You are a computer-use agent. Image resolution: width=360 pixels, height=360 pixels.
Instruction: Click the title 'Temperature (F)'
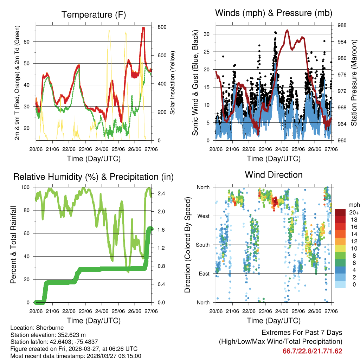[94, 15]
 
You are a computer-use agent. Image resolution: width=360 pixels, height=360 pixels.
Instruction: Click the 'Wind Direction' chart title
[274, 175]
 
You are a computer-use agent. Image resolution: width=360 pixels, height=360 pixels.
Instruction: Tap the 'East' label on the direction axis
[203, 274]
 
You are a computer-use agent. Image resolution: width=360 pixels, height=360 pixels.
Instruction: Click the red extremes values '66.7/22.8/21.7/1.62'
[312, 351]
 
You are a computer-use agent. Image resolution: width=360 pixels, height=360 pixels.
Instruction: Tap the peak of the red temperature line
[143, 28]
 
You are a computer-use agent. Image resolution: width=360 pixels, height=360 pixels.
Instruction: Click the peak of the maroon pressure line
[287, 30]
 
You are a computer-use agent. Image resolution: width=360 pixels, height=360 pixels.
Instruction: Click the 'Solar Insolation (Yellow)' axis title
[173, 83]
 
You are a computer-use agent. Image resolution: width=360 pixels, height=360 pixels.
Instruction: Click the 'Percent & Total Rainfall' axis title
[14, 245]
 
